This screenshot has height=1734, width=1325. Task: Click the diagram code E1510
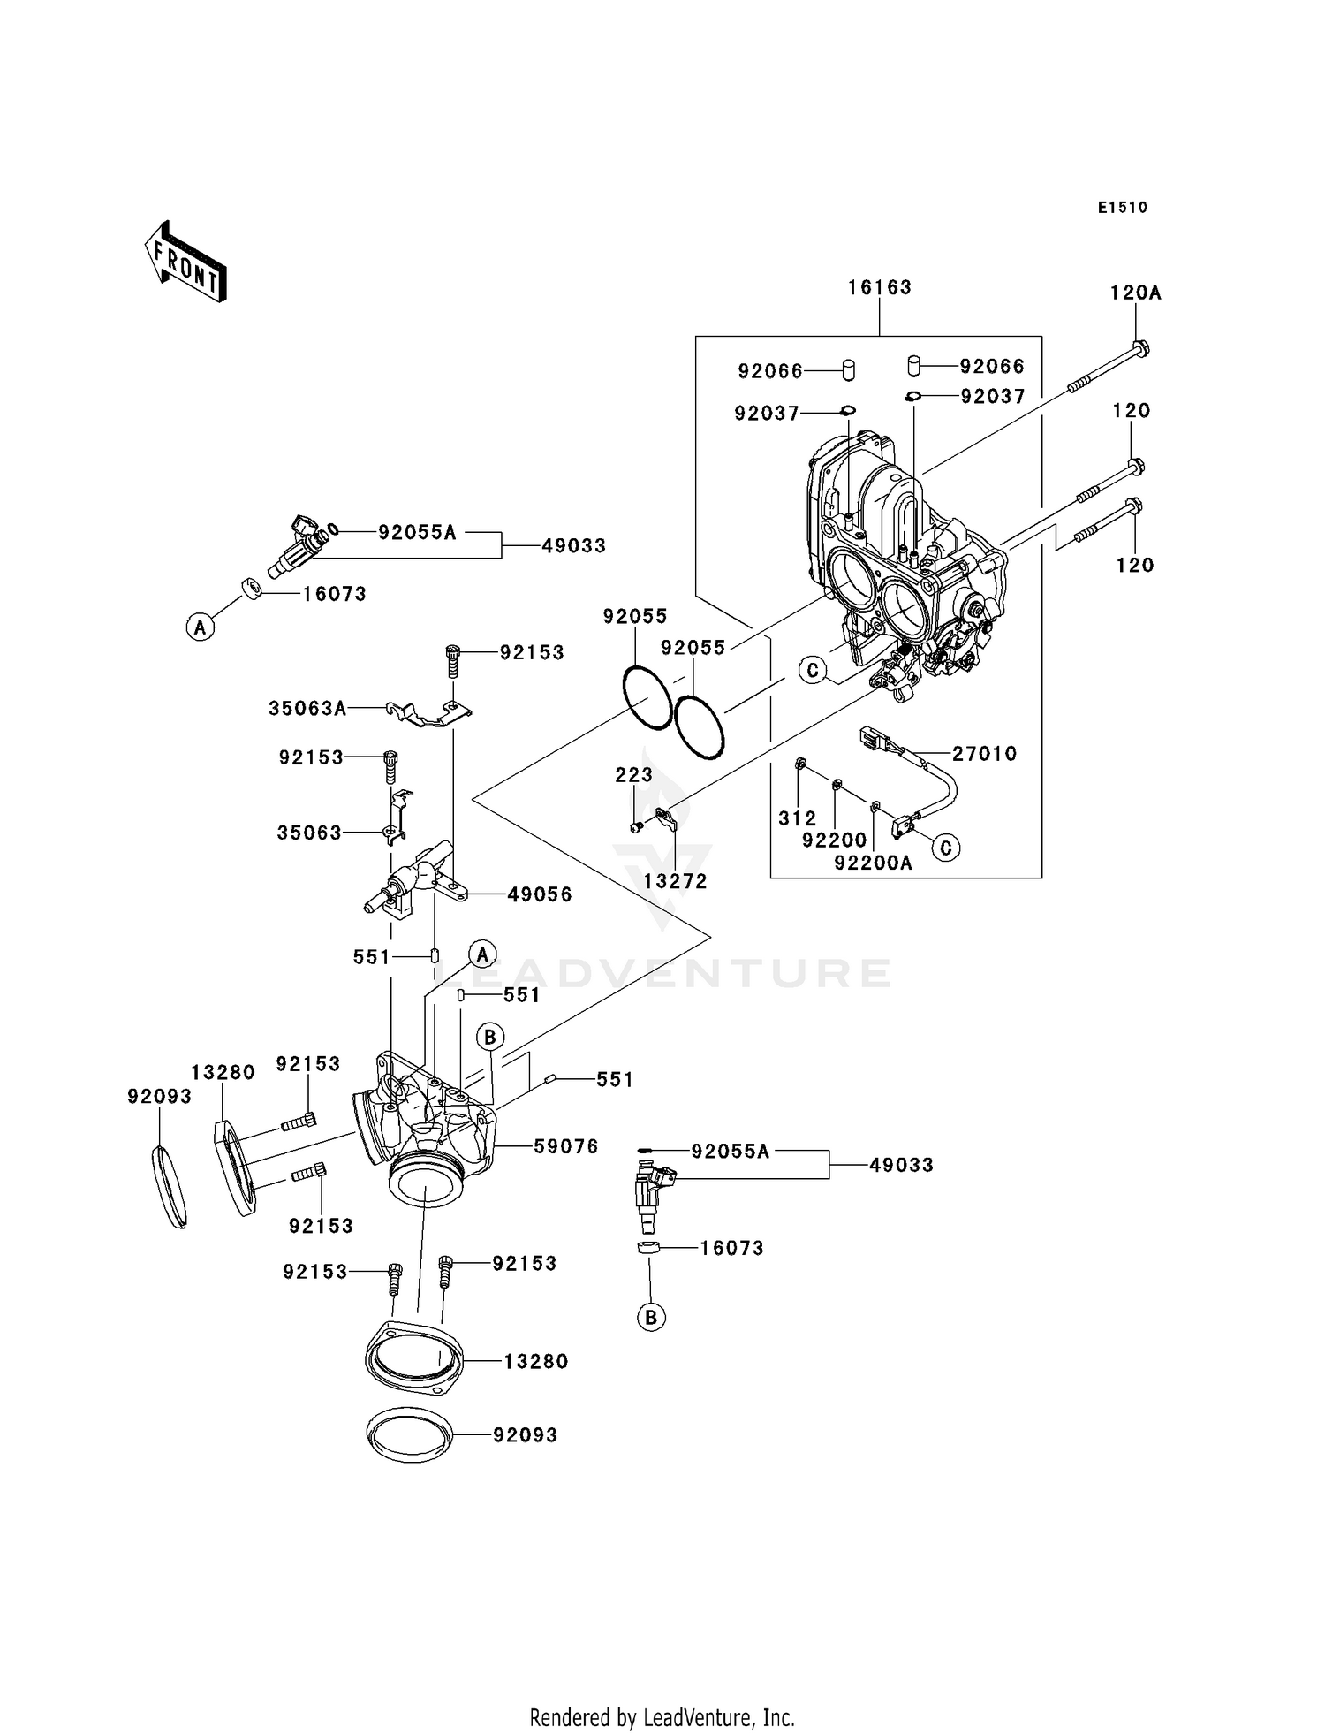[x=1122, y=208]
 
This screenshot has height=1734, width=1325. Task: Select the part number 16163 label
[x=879, y=287]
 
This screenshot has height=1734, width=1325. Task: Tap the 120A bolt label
[x=1135, y=293]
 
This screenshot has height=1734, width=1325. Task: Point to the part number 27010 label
[x=984, y=754]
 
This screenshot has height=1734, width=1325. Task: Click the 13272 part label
[x=676, y=881]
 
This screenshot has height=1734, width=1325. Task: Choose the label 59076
[x=566, y=1146]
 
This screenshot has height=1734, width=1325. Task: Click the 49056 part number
[x=540, y=894]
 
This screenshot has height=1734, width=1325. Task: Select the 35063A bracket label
[x=307, y=708]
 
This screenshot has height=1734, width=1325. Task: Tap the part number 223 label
[x=633, y=775]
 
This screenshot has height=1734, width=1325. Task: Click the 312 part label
[x=797, y=818]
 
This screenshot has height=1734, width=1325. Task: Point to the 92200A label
[x=873, y=863]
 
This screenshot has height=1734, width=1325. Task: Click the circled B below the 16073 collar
[x=651, y=1318]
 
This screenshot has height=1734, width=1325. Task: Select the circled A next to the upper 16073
[x=201, y=627]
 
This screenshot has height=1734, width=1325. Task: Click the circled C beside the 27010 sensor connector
[x=945, y=848]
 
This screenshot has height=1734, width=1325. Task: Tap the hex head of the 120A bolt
[x=1140, y=349]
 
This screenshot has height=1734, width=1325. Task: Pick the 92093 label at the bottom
[x=525, y=1434]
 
